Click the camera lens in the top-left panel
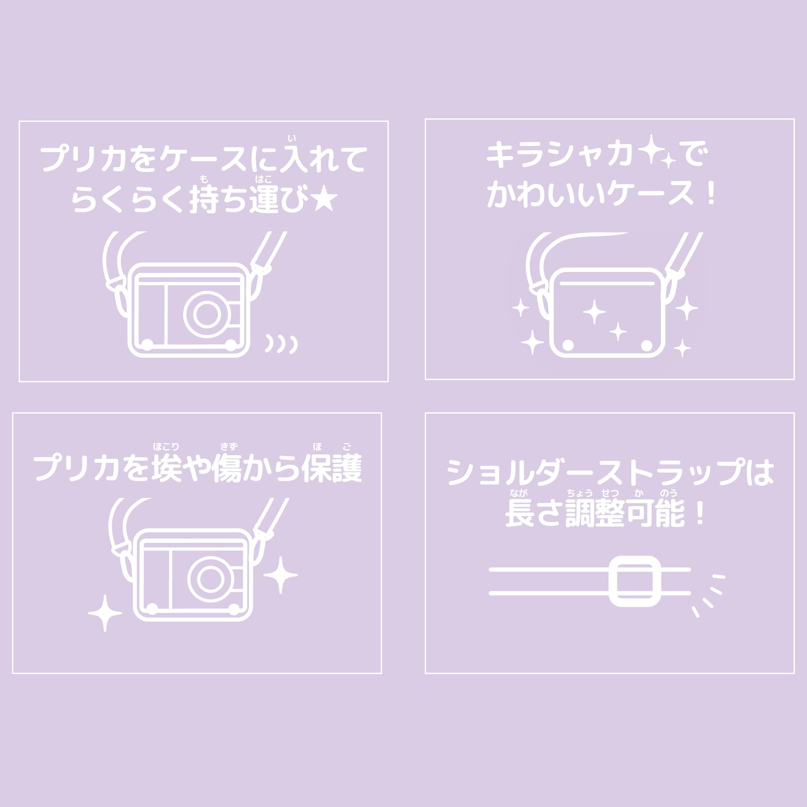click(x=206, y=314)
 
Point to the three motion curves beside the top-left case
click(x=282, y=343)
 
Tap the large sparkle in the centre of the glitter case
click(x=594, y=312)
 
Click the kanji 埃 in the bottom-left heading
click(x=166, y=468)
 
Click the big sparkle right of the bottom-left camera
click(x=280, y=575)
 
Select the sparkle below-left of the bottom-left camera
click(x=105, y=613)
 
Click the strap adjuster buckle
click(x=634, y=581)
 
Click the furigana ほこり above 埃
click(x=166, y=447)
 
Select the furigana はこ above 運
click(x=263, y=180)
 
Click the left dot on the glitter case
click(x=568, y=345)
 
